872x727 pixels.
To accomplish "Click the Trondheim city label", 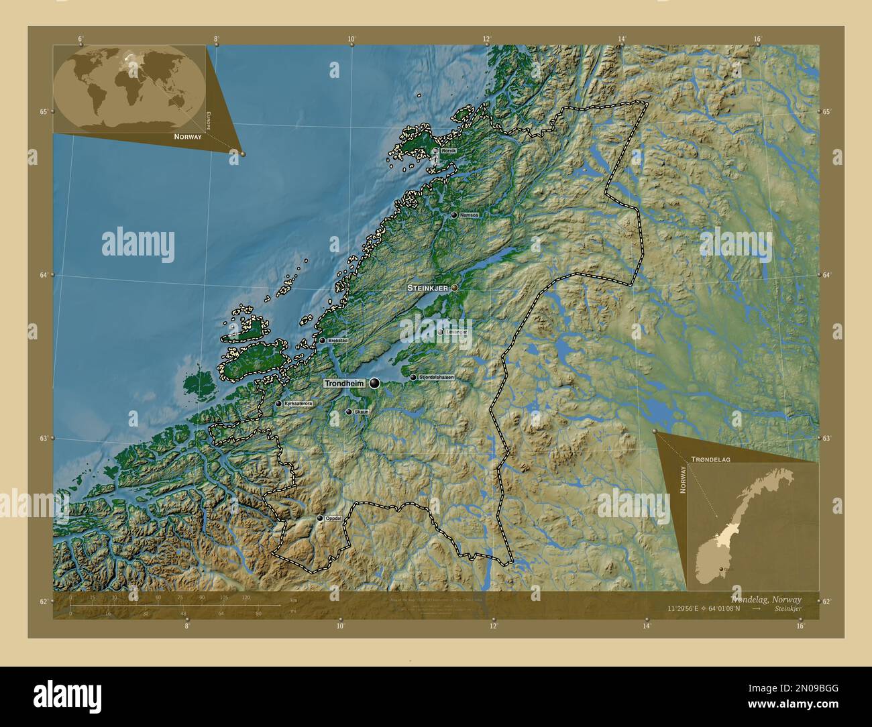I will tap(343, 384).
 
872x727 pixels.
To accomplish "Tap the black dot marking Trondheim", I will tap(374, 383).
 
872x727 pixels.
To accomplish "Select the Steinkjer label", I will tap(428, 288).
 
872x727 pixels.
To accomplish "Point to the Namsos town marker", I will tap(454, 215).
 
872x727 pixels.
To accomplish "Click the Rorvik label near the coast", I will tap(448, 152).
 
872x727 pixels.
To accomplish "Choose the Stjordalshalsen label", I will tap(436, 378).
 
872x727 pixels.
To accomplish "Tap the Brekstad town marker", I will tap(322, 341).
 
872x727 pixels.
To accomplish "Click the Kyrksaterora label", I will tap(298, 404).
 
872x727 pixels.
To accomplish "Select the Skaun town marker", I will tap(349, 412).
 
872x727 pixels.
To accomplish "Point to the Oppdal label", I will tap(333, 518).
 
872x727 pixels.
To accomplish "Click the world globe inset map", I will tap(129, 89).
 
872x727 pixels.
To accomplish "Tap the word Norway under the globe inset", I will tap(187, 137).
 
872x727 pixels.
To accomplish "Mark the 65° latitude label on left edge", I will tap(44, 111).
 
